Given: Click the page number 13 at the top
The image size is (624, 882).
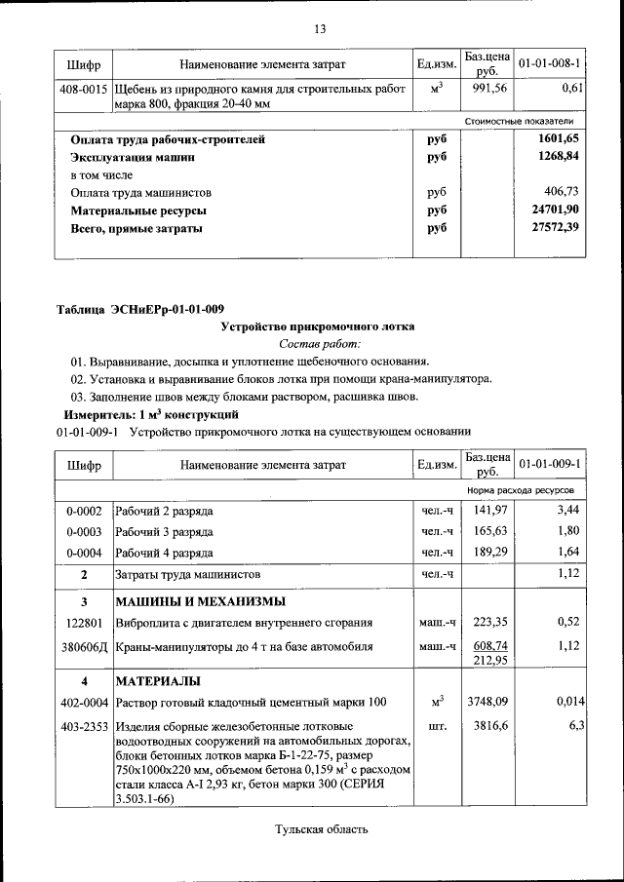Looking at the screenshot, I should (x=320, y=28).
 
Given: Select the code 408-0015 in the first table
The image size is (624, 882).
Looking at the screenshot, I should (x=84, y=89).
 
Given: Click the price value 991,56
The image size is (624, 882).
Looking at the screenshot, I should (x=486, y=89).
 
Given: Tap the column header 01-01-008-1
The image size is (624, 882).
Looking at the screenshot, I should (x=550, y=64).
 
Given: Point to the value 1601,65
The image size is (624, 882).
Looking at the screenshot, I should (x=560, y=139).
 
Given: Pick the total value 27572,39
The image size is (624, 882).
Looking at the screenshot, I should (x=556, y=228).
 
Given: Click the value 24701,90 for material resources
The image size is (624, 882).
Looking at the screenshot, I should (x=556, y=211).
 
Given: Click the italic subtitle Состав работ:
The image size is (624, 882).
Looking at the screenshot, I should (x=320, y=344).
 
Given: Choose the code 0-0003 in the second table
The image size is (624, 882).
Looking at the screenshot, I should (x=84, y=532).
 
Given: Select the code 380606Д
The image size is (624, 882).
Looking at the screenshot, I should (x=85, y=646).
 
